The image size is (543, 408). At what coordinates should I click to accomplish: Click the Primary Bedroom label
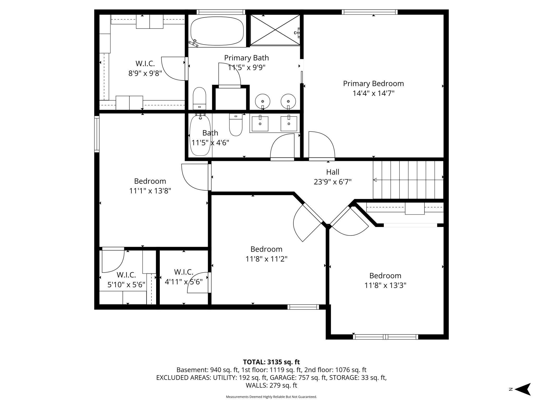click(x=373, y=84)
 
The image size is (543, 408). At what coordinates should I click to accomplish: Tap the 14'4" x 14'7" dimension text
click(x=373, y=93)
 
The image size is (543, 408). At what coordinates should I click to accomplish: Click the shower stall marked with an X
click(x=275, y=30)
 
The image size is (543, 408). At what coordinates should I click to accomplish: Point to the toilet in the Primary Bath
click(x=199, y=99)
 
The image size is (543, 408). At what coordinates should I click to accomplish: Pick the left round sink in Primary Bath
click(x=262, y=101)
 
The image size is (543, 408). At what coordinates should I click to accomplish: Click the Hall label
click(x=333, y=172)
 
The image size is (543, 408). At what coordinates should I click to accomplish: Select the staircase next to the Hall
click(x=408, y=180)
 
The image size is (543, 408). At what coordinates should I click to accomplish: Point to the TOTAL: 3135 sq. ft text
click(x=271, y=362)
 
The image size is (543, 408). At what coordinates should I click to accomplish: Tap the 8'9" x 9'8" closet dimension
click(x=145, y=73)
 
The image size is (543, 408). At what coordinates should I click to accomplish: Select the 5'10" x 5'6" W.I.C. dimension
click(x=126, y=285)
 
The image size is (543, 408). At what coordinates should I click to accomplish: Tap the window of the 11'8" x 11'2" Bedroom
click(x=303, y=307)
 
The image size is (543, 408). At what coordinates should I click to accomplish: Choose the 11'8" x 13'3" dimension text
click(x=385, y=285)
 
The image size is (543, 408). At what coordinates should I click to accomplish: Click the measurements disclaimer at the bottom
click(x=271, y=397)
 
